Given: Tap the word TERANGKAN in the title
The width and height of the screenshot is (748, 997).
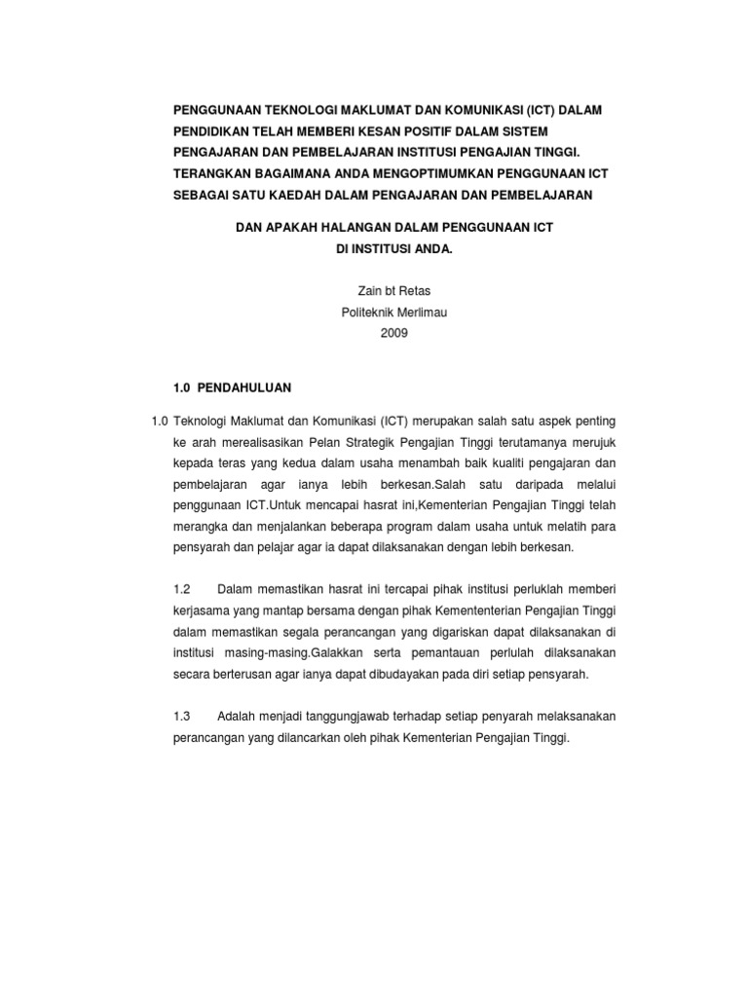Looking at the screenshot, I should point(214,173).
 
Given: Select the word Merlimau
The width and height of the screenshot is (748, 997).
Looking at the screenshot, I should point(422,312).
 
